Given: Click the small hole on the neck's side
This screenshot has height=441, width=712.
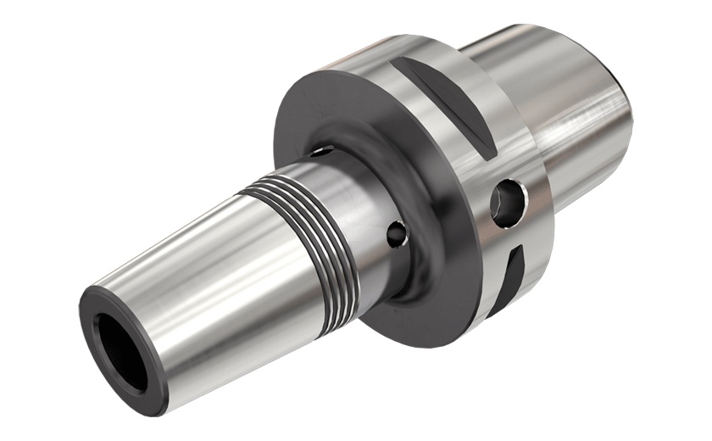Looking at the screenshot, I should tap(396, 232).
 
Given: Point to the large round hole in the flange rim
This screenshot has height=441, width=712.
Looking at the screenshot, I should tap(510, 200).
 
